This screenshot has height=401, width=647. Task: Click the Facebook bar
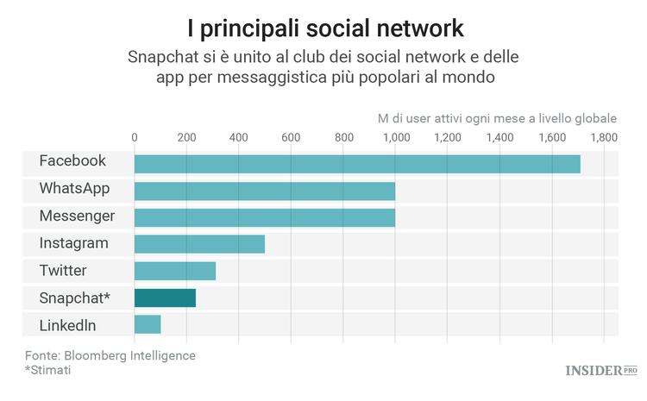[x=357, y=163]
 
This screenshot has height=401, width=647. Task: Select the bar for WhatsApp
[x=264, y=191]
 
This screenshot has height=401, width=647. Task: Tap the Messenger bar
[x=264, y=217]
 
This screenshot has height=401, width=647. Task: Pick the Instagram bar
[x=199, y=244]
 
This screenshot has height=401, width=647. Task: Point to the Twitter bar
[x=174, y=272]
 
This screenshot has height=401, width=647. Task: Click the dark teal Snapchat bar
[x=165, y=298]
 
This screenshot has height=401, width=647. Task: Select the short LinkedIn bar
[x=148, y=325]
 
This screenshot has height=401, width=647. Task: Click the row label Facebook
[x=72, y=161]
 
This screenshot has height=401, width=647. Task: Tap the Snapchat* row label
[x=74, y=298]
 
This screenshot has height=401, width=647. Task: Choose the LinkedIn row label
[x=67, y=325]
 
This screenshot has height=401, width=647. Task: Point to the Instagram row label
[x=74, y=243]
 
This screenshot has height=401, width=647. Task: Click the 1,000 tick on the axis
[x=395, y=137]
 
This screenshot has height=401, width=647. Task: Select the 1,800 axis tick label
[x=604, y=137]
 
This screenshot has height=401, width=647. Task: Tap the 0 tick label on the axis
[x=135, y=137]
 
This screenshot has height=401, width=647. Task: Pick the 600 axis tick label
[x=291, y=137]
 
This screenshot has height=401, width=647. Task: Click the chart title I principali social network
[x=323, y=28]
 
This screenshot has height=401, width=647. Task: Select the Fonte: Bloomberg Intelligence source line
[x=110, y=354]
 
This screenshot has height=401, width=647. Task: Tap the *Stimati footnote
[x=48, y=370]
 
